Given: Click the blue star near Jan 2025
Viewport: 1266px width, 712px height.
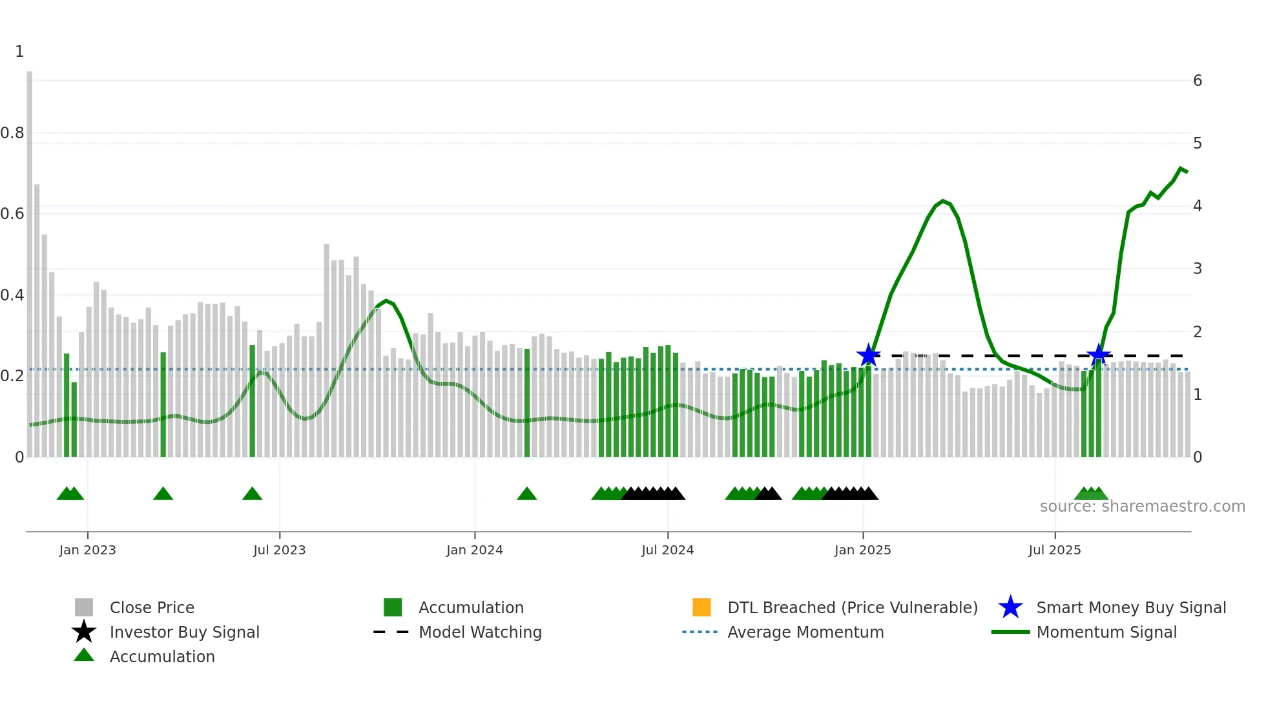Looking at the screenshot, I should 868,355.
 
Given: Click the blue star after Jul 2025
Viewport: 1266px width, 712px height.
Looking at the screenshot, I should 1098,355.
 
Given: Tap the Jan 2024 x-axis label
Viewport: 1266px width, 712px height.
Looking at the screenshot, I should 474,550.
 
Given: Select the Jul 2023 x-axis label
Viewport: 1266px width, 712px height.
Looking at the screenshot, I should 279,550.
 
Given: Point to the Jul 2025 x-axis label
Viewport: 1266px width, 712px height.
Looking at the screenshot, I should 1054,550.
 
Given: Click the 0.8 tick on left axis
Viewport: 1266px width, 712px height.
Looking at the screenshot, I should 12,133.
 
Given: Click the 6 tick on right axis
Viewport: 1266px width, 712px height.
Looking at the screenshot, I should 1198,81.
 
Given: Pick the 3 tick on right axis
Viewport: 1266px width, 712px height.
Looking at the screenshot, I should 1198,269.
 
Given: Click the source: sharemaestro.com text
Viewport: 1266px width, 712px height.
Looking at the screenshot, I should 1142,507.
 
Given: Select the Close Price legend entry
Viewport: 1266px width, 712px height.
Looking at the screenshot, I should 151,607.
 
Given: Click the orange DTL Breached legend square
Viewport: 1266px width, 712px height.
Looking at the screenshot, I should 701,607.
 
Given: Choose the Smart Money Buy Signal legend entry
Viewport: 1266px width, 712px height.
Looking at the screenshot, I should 1130,607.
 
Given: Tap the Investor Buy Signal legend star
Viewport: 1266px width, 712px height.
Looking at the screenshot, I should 84,632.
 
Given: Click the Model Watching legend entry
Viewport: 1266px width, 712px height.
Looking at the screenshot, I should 479,632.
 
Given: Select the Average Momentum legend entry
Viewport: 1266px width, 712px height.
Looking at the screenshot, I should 805,632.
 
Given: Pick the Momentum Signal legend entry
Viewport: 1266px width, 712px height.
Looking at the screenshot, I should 1106,632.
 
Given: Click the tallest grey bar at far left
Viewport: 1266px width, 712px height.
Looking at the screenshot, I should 30,258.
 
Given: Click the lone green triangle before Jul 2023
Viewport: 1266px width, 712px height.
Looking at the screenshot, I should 252,494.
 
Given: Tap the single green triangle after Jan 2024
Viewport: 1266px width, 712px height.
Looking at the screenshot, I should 527,494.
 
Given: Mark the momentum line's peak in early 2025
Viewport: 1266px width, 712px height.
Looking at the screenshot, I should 943,201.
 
